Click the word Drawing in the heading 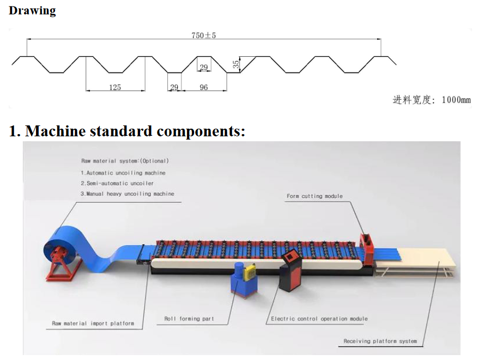(x=32, y=10)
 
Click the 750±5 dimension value (x=204, y=35)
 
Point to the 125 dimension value (x=115, y=87)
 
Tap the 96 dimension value (x=204, y=87)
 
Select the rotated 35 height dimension (x=235, y=64)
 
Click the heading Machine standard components (x=127, y=131)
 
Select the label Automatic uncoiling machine (x=123, y=172)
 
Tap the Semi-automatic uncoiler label (x=117, y=183)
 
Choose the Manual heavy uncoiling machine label (x=128, y=194)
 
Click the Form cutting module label (x=314, y=196)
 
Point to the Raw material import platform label (x=93, y=323)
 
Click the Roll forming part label (x=189, y=319)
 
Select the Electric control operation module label (x=319, y=319)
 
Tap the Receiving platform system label (x=380, y=341)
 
